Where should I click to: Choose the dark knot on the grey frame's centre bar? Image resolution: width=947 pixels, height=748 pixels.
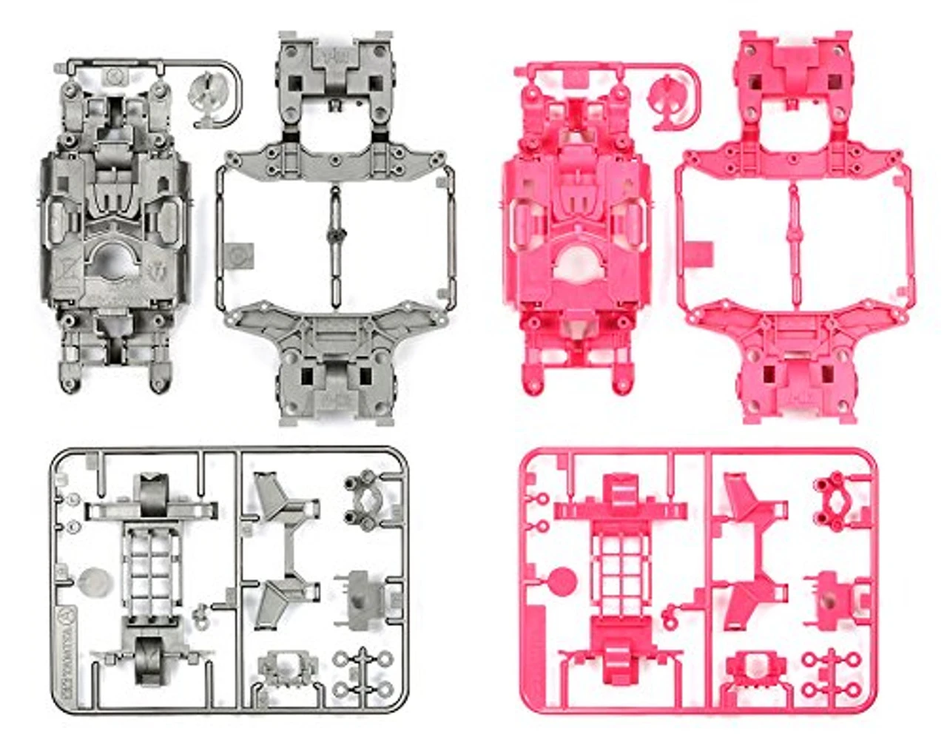click(x=334, y=235)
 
